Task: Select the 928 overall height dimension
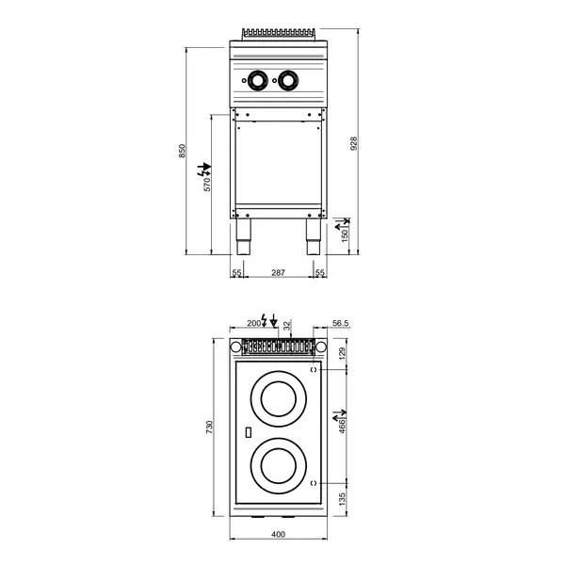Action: coord(354,143)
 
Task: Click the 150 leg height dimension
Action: coord(346,233)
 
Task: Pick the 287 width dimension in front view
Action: coord(278,272)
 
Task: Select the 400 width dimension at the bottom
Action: coord(278,535)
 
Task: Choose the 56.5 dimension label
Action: coord(341,323)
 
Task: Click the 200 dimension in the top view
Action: coord(252,323)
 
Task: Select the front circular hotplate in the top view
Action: coord(279,464)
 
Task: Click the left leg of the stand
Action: coord(244,239)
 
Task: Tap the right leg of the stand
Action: coord(312,239)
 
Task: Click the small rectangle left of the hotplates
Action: coord(247,433)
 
